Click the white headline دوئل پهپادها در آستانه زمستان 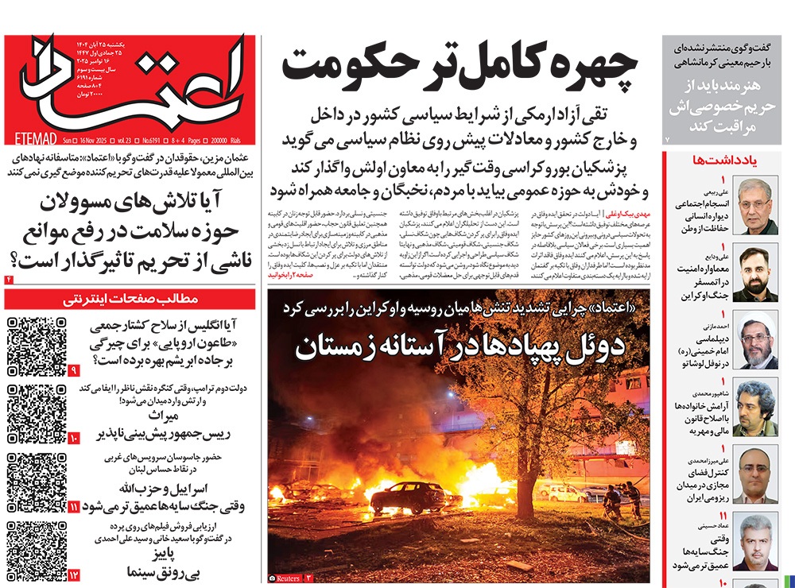click(x=460, y=347)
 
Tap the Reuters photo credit click(x=287, y=578)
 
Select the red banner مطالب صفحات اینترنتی click(x=130, y=299)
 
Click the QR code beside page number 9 click(x=36, y=346)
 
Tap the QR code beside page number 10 click(x=36, y=412)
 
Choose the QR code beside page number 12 click(x=36, y=548)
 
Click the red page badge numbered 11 click(x=73, y=506)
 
